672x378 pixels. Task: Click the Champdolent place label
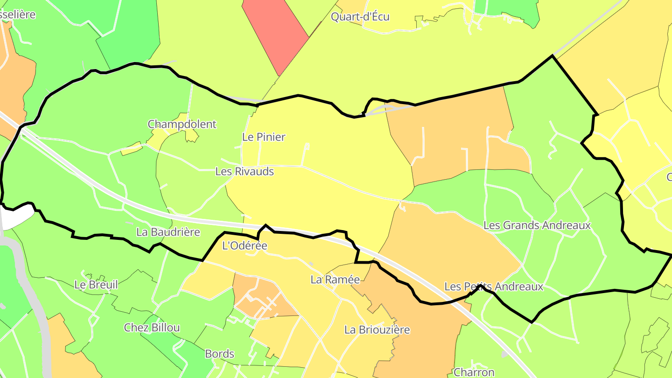(182, 124)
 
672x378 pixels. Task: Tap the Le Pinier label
(264, 137)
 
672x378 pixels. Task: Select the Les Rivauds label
(245, 171)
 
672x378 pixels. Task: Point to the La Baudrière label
(168, 232)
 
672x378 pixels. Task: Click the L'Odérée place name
(245, 245)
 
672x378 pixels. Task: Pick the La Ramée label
(335, 280)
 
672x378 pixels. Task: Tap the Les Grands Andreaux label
(537, 225)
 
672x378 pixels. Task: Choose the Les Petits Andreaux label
(494, 286)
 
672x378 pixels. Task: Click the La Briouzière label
(377, 329)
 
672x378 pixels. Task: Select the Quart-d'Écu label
(360, 17)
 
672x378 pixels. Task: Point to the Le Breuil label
(96, 285)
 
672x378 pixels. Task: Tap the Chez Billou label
(152, 328)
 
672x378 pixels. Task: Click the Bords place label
(219, 354)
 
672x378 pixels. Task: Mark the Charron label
(474, 372)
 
